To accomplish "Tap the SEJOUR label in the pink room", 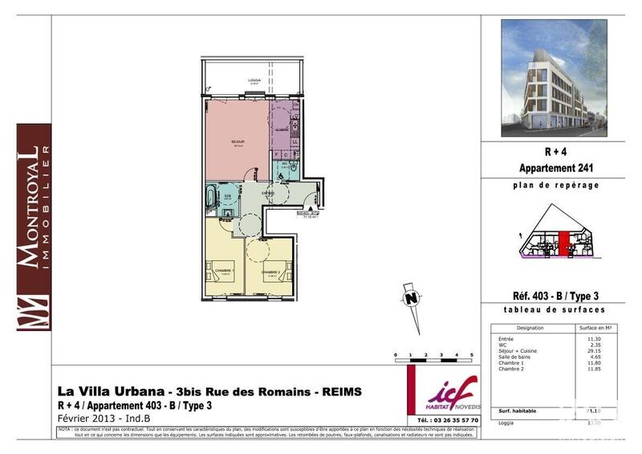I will tap(238, 141).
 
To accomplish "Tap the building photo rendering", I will tap(553, 78).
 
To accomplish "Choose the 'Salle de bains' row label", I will tap(514, 357).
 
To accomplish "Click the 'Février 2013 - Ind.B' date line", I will tap(104, 419).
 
